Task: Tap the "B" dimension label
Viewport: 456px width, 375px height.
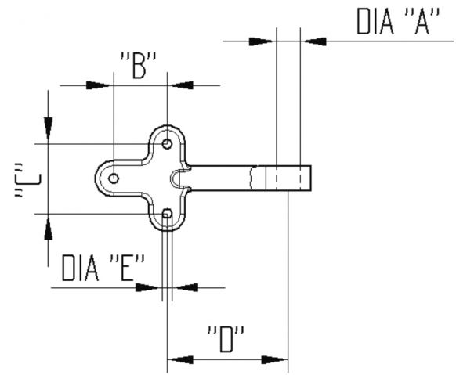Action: [x=139, y=66]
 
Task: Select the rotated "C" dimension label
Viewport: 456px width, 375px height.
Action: [x=28, y=180]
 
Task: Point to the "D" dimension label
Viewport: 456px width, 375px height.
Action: [x=226, y=339]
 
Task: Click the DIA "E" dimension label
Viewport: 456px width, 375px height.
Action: [x=103, y=268]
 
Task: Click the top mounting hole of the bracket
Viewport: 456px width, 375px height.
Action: [x=167, y=144]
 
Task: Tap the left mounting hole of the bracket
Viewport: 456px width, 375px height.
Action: [x=114, y=178]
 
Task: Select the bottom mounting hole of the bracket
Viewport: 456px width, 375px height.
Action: [x=167, y=214]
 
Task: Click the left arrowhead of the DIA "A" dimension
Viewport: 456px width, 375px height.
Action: [x=261, y=41]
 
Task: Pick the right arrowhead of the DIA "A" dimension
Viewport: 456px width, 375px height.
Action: [x=316, y=41]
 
